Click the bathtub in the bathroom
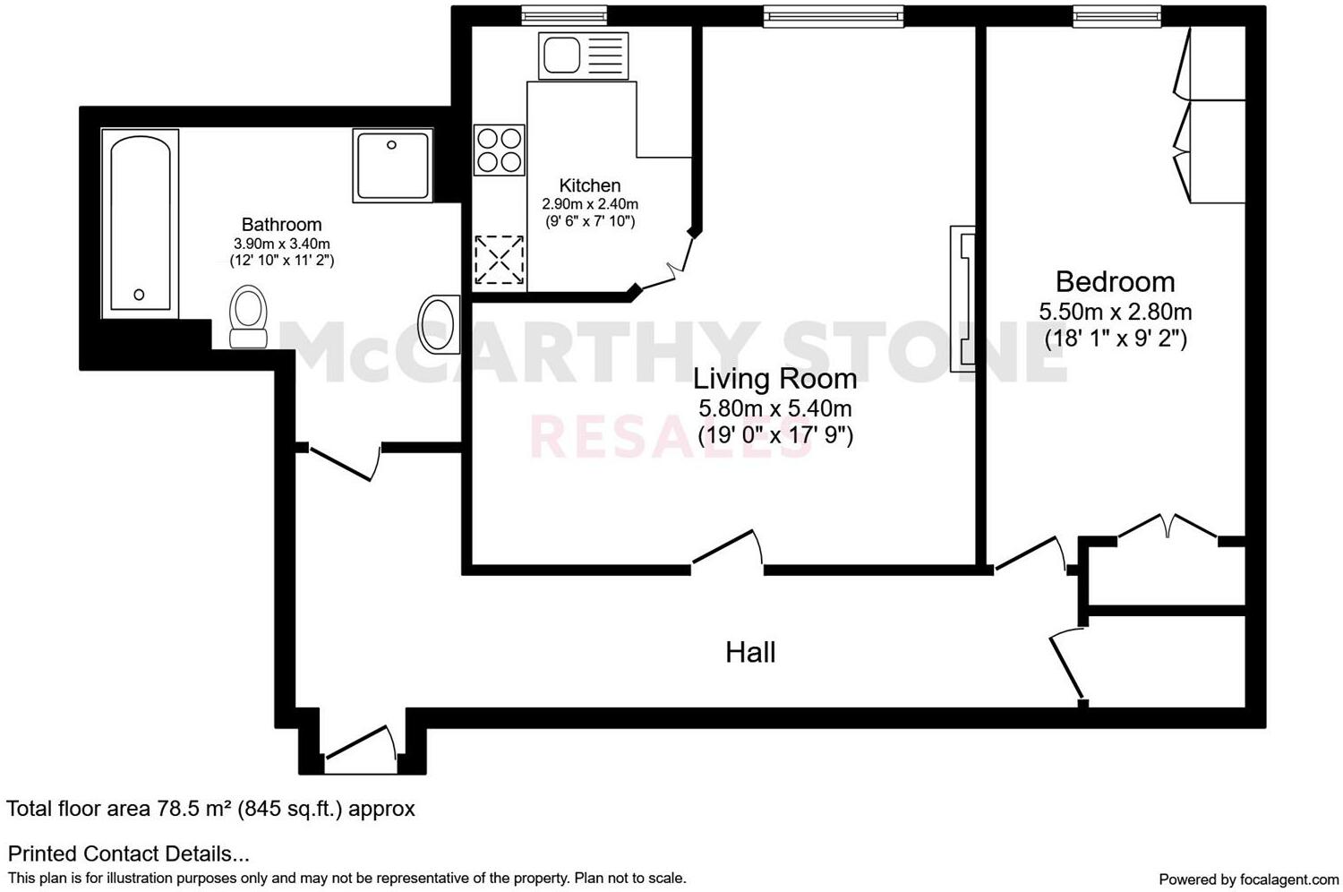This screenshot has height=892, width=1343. click(140, 224)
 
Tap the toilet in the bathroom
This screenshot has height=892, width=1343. click(249, 315)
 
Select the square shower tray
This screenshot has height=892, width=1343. click(392, 164)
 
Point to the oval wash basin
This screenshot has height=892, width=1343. click(439, 323)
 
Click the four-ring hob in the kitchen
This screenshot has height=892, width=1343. click(499, 150)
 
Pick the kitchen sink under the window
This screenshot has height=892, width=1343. click(583, 54)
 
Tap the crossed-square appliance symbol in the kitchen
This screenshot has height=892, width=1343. click(499, 260)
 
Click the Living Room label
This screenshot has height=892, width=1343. click(774, 379)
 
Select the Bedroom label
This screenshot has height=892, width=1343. click(1115, 282)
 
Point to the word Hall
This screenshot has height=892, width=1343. click(750, 652)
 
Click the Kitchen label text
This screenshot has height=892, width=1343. click(589, 185)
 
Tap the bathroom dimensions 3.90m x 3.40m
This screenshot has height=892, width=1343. click(281, 244)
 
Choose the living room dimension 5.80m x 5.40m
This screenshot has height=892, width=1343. click(774, 409)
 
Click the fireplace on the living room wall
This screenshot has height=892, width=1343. click(962, 298)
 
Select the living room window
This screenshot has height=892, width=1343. click(833, 15)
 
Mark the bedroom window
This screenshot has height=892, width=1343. click(1116, 15)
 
